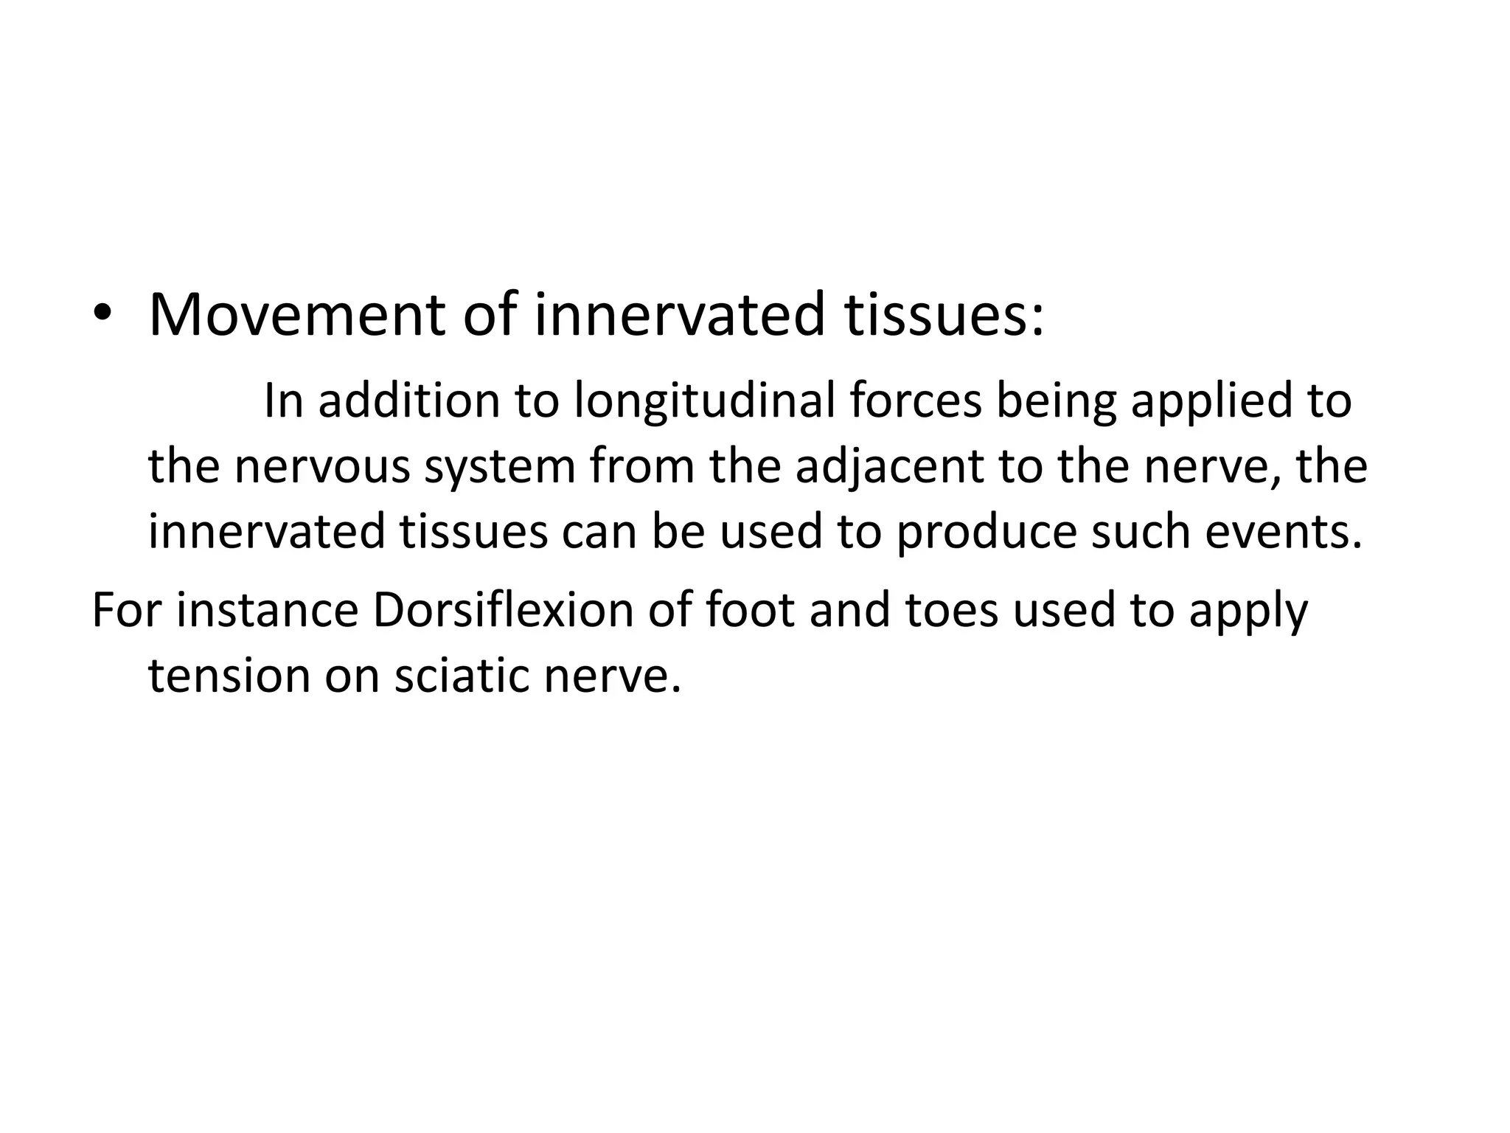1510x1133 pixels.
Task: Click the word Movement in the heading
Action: coord(296,316)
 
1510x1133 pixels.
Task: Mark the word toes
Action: coord(952,611)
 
